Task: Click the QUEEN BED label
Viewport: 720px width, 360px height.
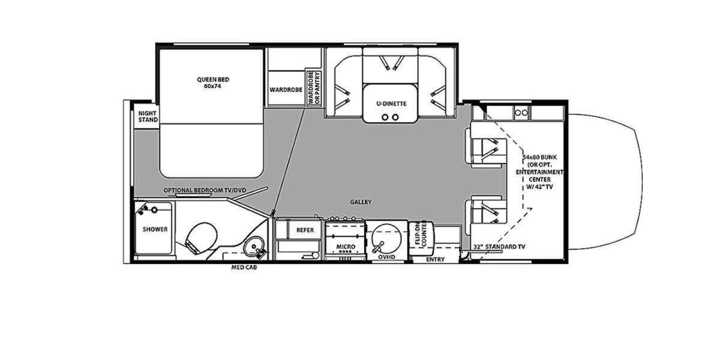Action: coord(213,79)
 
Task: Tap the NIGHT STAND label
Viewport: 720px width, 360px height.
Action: coord(148,116)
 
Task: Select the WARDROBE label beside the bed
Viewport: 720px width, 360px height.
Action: coord(286,89)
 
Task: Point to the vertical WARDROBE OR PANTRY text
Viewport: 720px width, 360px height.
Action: coord(314,88)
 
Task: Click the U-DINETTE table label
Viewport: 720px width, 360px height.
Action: coord(391,103)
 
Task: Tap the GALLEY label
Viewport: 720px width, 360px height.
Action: coord(361,202)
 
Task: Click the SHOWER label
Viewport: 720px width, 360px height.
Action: coord(155,229)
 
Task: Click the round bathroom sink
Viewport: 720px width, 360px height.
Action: coord(254,247)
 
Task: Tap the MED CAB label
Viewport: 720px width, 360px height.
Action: coord(244,267)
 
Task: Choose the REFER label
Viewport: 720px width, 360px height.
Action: coord(305,230)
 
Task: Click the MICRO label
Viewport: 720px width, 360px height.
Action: coord(346,247)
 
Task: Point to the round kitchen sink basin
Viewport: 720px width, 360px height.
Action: coord(386,240)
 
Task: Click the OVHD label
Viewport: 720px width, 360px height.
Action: coord(386,257)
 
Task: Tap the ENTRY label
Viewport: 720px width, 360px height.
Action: coord(435,259)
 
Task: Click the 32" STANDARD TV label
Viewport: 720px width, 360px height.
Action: coord(499,247)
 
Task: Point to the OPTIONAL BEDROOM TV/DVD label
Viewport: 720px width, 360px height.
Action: coord(205,190)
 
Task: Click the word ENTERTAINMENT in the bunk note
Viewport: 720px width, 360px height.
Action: coord(539,172)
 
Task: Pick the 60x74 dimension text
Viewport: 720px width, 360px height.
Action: coord(212,86)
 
